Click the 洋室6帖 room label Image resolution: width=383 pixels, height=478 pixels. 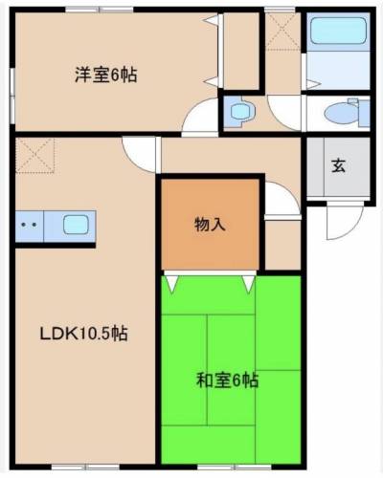pyautogui.click(x=105, y=74)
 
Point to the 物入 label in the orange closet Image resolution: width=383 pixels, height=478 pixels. pyautogui.click(x=211, y=226)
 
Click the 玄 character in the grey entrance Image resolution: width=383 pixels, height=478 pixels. pyautogui.click(x=338, y=163)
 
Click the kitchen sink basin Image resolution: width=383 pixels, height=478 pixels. pyautogui.click(x=77, y=227)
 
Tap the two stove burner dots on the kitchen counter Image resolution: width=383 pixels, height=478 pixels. pyautogui.click(x=28, y=227)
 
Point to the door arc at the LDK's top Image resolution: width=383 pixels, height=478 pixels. pyautogui.click(x=140, y=153)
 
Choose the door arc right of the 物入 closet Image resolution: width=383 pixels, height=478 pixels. pyautogui.click(x=280, y=198)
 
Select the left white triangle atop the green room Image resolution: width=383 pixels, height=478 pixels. pyautogui.click(x=171, y=283)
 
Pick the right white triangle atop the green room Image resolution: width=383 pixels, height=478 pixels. pyautogui.click(x=250, y=283)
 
